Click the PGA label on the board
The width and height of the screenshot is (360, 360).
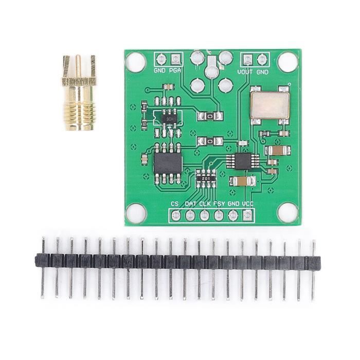click(x=175, y=70)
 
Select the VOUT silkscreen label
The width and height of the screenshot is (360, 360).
click(x=245, y=71)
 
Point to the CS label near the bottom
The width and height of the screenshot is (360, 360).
click(x=175, y=204)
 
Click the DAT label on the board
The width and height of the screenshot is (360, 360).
click(x=191, y=204)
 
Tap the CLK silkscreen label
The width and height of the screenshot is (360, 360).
click(x=205, y=204)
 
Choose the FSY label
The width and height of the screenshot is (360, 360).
click(x=219, y=204)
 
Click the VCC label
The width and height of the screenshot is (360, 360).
click(x=248, y=204)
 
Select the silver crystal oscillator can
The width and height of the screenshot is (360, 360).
click(x=269, y=104)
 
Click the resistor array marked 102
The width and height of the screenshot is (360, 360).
click(x=206, y=177)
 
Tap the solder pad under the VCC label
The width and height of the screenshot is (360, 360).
click(x=248, y=214)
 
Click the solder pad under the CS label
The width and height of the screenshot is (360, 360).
click(x=175, y=214)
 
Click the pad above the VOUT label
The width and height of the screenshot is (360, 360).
click(x=248, y=59)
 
